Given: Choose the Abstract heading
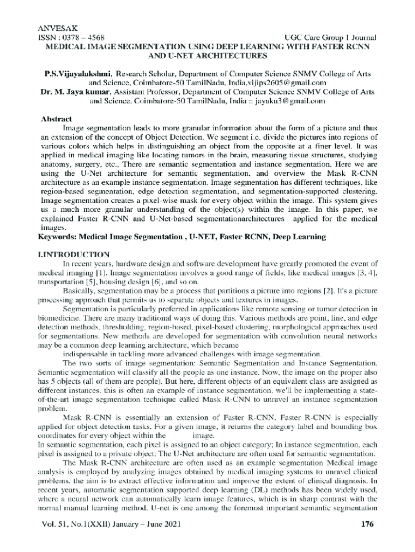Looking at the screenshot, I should tap(57, 119).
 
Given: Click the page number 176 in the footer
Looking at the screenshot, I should tap(366, 523).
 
